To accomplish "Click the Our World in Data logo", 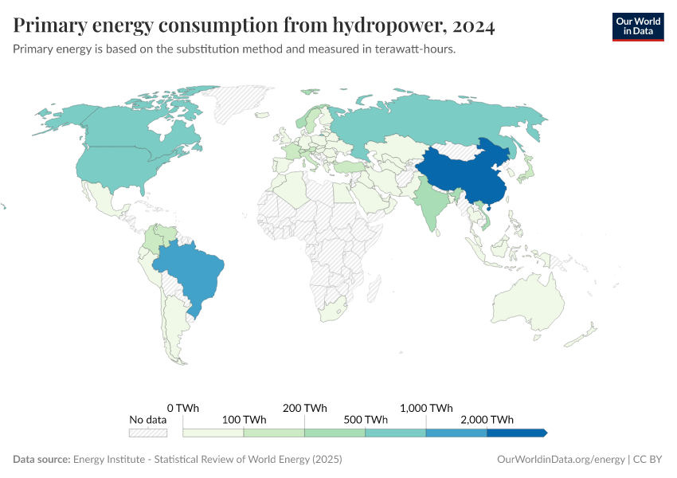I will click(637, 26).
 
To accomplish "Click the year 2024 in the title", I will click(473, 26).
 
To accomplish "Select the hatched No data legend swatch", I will click(148, 433).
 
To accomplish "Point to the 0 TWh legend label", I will click(183, 408).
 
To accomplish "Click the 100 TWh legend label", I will click(244, 420).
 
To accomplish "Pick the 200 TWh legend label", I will click(304, 408).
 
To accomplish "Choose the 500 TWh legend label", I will click(365, 420).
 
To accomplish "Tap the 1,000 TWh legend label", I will click(426, 408).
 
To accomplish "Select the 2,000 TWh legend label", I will click(487, 420).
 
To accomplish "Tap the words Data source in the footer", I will click(41, 460).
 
